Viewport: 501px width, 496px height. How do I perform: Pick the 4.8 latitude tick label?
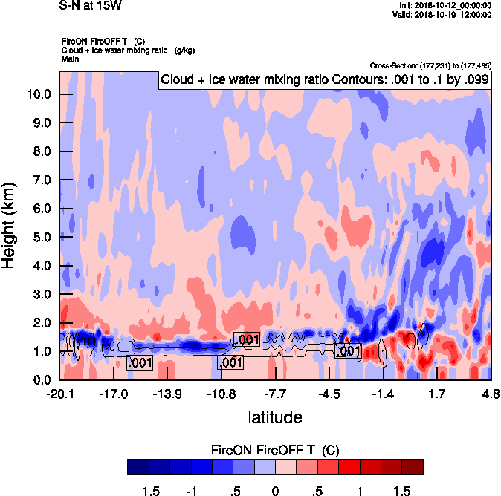[490, 394]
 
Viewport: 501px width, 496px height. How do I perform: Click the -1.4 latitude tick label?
[383, 394]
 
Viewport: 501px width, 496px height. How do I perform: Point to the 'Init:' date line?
[445, 5]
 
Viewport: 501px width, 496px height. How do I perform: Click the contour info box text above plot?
[324, 79]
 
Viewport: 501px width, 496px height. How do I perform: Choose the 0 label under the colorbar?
[275, 492]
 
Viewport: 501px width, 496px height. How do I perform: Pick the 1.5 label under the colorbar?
[401, 492]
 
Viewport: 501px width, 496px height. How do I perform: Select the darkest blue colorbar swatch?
[138, 467]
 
